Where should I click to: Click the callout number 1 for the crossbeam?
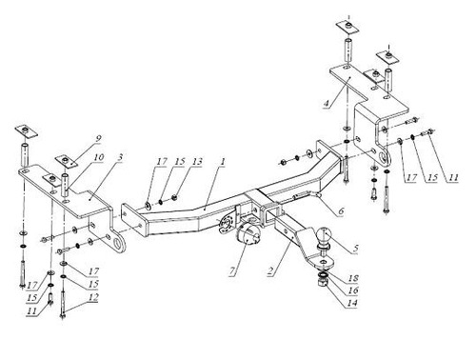click(221, 164)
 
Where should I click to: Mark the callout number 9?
click(97, 136)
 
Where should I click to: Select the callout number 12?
click(93, 299)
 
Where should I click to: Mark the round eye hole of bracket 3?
click(117, 246)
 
